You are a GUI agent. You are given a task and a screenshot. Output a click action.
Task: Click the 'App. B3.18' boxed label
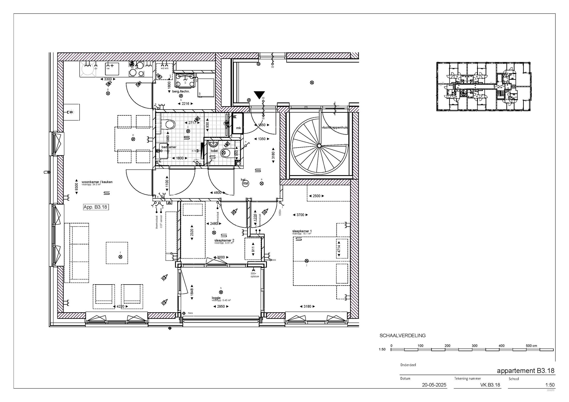click(95, 207)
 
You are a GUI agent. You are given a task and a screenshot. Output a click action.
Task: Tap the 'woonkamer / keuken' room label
click(97, 182)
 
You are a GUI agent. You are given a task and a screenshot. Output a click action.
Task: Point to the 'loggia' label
click(216, 298)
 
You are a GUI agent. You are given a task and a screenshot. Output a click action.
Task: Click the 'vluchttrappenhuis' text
click(335, 128)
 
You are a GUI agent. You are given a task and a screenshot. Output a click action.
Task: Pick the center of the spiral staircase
click(319, 146)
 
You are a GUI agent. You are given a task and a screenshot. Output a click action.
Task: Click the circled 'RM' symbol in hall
click(246, 184)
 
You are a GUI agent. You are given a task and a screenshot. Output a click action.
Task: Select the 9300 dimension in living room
click(76, 187)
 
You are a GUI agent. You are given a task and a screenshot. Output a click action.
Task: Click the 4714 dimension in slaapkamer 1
click(339, 249)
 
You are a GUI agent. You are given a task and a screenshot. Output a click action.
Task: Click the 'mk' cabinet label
click(238, 128)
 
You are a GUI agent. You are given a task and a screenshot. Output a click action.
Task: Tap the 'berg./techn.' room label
click(181, 91)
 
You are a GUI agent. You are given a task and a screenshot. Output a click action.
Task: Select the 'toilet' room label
click(214, 151)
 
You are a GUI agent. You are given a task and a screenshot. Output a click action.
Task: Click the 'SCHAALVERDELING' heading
click(402, 336)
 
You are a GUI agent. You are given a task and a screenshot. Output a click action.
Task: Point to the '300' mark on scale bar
click(474, 346)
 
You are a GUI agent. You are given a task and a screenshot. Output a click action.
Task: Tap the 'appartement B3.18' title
click(526, 371)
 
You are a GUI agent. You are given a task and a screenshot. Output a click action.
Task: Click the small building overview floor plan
click(483, 86)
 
